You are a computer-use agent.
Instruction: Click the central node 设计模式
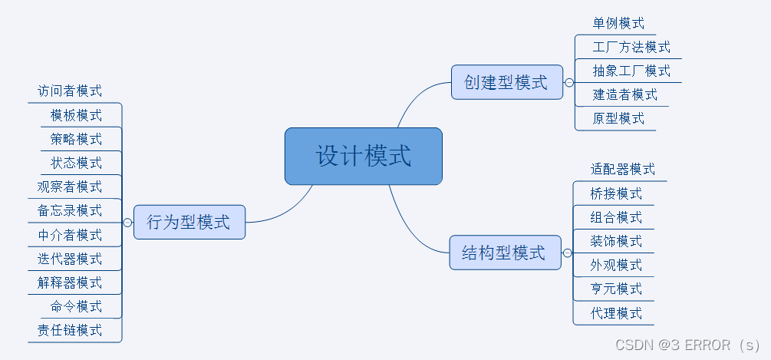[x=363, y=156]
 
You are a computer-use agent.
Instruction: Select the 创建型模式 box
[x=506, y=82]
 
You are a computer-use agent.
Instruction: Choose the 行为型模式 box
[x=189, y=223]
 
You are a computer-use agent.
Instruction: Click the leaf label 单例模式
[x=618, y=24]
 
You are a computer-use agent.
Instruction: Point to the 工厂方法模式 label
[x=631, y=48]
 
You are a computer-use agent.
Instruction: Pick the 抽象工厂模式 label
[x=631, y=71]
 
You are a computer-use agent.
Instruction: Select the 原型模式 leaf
[x=618, y=119]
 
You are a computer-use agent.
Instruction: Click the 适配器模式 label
[x=623, y=170]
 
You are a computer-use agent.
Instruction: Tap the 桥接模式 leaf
[x=616, y=193]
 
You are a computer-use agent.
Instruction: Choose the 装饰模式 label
[x=616, y=241]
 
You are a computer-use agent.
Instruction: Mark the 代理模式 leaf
[x=616, y=313]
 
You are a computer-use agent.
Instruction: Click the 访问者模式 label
[x=70, y=91]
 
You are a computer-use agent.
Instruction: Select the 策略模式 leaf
[x=76, y=139]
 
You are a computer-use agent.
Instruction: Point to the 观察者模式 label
[x=70, y=187]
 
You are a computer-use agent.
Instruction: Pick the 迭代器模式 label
[x=70, y=259]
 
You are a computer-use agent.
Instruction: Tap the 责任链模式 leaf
[x=70, y=331]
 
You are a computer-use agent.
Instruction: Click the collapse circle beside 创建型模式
[x=569, y=82]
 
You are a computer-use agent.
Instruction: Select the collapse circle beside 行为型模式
[x=127, y=223]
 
